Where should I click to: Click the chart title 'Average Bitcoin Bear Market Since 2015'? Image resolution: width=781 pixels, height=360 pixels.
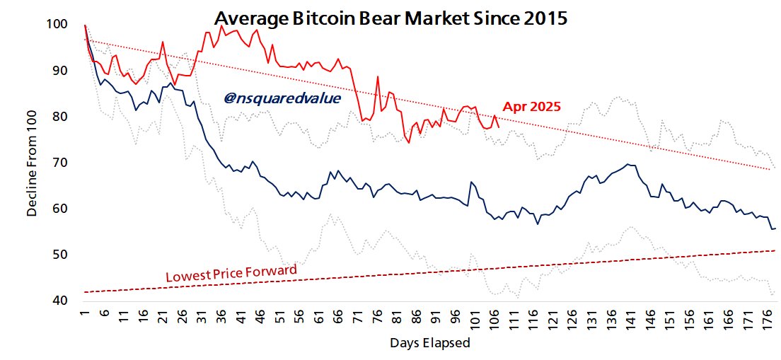(x=390, y=18)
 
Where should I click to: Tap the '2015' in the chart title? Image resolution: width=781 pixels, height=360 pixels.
(x=545, y=18)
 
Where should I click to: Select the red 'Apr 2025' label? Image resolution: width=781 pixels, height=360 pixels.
(x=531, y=108)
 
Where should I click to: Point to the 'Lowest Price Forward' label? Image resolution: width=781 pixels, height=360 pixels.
(x=231, y=273)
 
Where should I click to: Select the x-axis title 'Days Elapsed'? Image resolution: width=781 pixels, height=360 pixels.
(x=429, y=343)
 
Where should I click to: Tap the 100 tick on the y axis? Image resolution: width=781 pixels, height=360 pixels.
(x=58, y=25)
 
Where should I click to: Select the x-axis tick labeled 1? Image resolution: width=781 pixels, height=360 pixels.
(x=84, y=314)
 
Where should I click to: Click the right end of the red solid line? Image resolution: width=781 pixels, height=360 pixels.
(x=499, y=127)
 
